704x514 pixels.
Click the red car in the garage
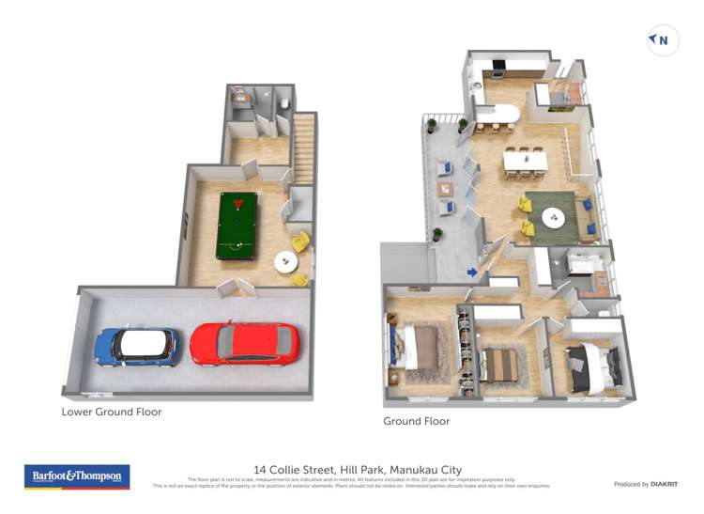click(244, 343)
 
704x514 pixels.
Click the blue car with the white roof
click(137, 346)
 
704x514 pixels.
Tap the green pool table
click(236, 226)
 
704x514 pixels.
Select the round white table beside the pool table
click(285, 263)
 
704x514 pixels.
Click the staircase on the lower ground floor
click(304, 148)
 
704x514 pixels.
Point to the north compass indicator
click(663, 40)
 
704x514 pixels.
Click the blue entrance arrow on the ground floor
click(472, 273)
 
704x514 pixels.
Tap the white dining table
click(525, 161)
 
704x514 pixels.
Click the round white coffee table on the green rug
click(554, 218)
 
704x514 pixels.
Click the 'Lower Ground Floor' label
click(112, 412)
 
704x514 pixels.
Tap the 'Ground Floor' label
click(416, 421)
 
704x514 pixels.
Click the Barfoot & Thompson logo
click(77, 476)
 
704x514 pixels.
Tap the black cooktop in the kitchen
click(498, 67)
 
